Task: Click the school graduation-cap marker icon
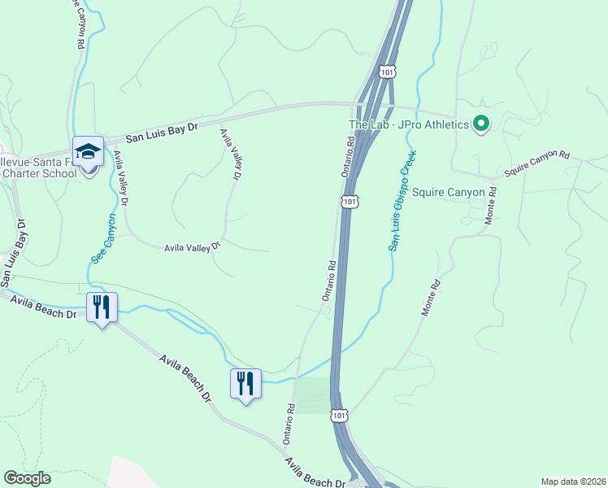coord(88,151)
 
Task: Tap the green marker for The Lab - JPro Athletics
coord(481,124)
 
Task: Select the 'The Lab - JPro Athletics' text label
coord(409,124)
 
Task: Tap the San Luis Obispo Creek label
coord(402,200)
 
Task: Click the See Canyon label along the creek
coord(102,238)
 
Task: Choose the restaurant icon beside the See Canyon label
coord(102,307)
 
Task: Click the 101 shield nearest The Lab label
coord(389,72)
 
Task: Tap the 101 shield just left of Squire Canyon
coord(350,201)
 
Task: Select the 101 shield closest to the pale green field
coord(339,416)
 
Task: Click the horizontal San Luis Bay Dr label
coord(163,133)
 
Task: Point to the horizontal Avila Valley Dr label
coord(193,247)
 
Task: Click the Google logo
coord(28,478)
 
